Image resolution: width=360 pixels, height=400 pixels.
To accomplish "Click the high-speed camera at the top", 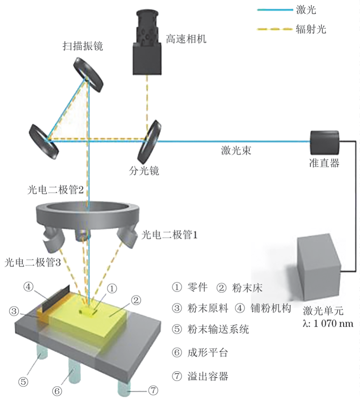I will (x=147, y=45).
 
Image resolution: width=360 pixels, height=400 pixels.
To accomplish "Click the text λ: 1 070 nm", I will (x=328, y=324).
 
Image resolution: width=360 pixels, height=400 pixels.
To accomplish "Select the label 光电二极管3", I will (x=33, y=262).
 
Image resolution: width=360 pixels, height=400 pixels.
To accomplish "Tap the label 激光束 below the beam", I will (x=235, y=151).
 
